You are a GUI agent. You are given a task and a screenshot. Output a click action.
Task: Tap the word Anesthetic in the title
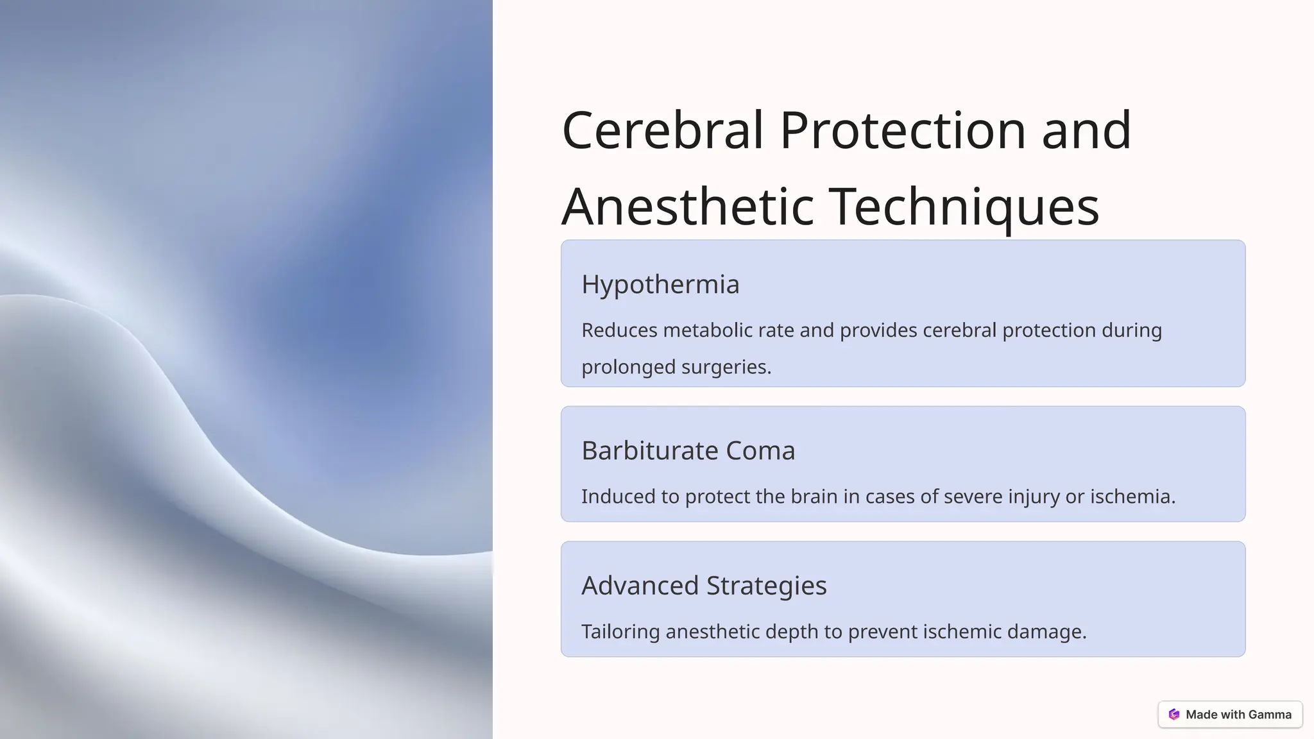click(688, 207)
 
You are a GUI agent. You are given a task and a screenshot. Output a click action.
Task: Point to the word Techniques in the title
click(964, 207)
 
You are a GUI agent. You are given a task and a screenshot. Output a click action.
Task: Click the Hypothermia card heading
click(660, 284)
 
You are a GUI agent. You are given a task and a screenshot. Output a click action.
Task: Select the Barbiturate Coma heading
click(688, 450)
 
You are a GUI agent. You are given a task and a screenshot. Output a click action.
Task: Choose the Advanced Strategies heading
click(704, 585)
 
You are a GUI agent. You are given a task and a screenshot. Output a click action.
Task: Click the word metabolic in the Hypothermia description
click(707, 330)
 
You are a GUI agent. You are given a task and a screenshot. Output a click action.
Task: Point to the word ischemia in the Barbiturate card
click(1132, 497)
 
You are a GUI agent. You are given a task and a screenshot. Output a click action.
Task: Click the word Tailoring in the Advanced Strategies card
click(620, 632)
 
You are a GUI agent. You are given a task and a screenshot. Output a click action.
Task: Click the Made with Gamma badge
click(1230, 715)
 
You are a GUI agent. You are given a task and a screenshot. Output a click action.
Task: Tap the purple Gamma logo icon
click(1174, 715)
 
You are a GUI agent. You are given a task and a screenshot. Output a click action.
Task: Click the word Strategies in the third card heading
click(767, 585)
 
